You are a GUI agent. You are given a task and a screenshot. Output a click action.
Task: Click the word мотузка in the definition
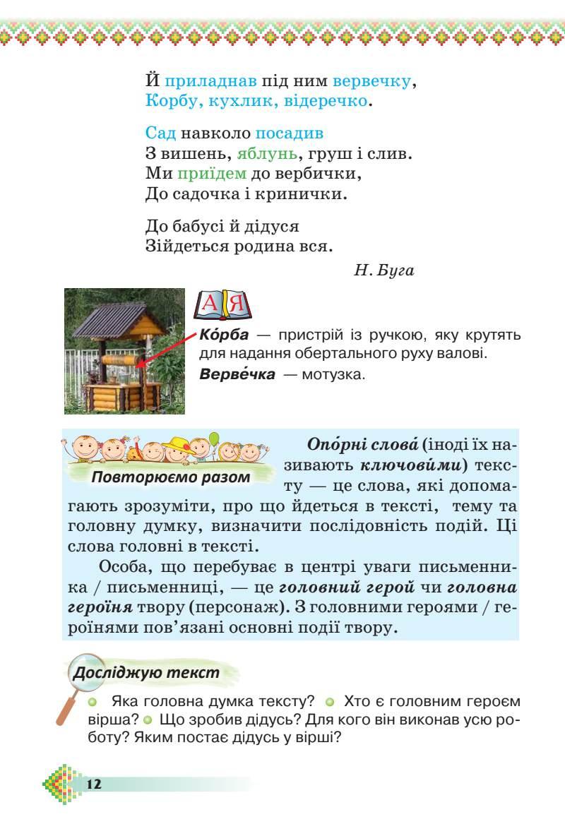[333, 374]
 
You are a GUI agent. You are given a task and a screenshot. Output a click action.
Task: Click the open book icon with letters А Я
[222, 304]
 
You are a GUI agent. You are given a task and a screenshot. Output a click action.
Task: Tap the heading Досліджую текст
[147, 672]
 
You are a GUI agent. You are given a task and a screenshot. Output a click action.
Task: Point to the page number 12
[95, 785]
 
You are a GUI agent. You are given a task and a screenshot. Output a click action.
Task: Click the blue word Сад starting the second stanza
[160, 133]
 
